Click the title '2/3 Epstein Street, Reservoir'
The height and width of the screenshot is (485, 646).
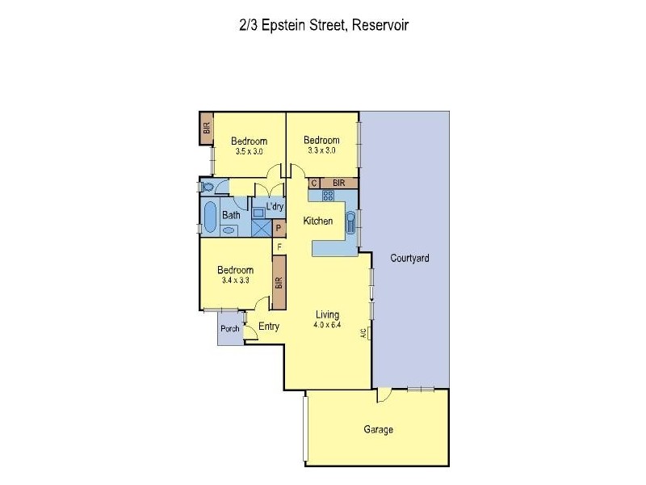pos(323,25)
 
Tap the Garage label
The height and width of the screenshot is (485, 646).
pos(378,429)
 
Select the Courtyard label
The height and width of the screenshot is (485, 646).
pos(409,259)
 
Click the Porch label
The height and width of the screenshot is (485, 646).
pos(230,329)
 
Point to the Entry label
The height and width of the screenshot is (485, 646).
pos(268,327)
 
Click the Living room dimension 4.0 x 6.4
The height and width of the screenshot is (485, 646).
pos(327,326)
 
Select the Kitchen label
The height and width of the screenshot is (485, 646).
pos(318,221)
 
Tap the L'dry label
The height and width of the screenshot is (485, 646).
pos(274,207)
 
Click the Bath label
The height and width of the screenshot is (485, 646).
pos(231,215)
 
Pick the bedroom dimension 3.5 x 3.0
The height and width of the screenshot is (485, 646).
pos(248,151)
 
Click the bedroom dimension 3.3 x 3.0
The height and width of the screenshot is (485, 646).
pos(321,150)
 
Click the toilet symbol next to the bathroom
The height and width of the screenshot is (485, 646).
pos(208,188)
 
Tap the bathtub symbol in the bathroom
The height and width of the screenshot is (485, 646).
pos(210,217)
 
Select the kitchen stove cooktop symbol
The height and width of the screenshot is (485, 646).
pos(328,196)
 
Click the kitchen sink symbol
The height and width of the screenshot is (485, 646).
pos(350,222)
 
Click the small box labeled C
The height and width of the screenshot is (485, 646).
pos(314,183)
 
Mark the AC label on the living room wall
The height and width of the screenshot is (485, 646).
pos(364,333)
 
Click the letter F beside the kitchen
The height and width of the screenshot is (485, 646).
pos(279,246)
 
